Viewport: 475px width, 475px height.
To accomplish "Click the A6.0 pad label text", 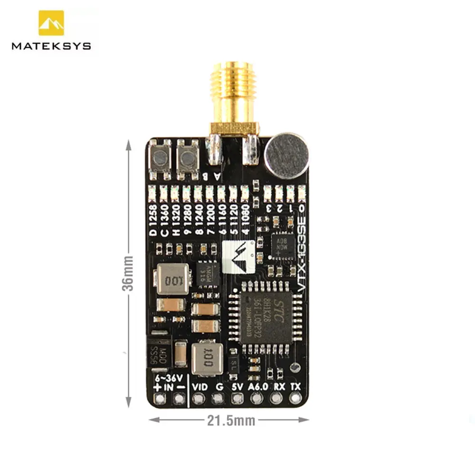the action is click(x=257, y=387).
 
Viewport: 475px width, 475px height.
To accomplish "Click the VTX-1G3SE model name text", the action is click(x=300, y=256).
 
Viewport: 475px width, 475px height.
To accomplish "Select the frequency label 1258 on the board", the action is click(x=152, y=218).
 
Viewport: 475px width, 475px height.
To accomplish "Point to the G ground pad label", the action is click(x=218, y=387).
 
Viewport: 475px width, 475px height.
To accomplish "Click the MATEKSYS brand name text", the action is click(x=51, y=46).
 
